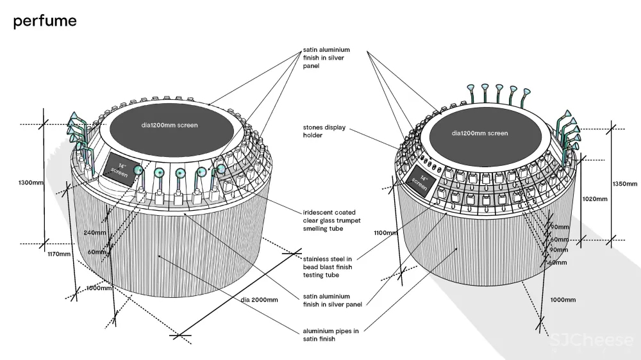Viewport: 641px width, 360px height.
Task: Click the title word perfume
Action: (x=45, y=21)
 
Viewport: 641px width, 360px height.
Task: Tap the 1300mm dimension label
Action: (x=31, y=183)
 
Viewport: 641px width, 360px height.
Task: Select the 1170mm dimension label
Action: (x=60, y=254)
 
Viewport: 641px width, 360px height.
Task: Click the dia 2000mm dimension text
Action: (x=260, y=299)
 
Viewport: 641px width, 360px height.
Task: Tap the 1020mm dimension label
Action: (x=594, y=199)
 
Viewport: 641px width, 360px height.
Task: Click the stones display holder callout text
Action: (x=324, y=131)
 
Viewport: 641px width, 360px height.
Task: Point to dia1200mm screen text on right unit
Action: (x=479, y=133)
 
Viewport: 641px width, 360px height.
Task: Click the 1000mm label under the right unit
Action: (x=562, y=300)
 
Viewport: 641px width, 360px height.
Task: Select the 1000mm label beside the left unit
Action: (x=99, y=288)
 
